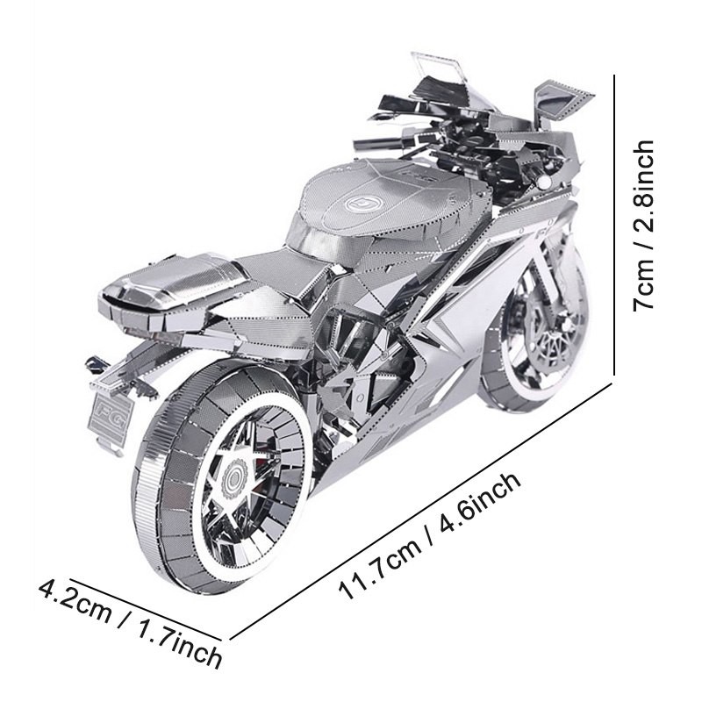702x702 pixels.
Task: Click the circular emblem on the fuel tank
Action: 361,204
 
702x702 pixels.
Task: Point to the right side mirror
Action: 563,101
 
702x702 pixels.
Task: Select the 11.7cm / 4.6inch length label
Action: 431,534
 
